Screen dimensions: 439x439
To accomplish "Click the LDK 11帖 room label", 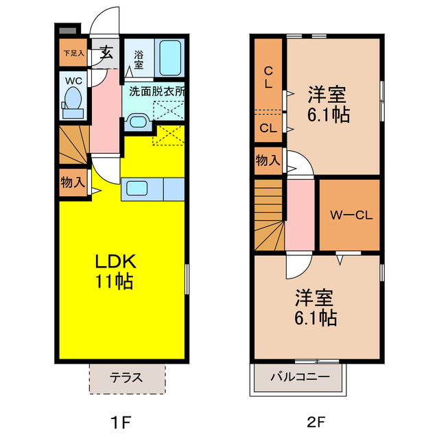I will click(x=114, y=270).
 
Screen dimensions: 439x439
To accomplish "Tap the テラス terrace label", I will click(x=126, y=377).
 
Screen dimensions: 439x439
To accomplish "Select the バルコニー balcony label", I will click(x=299, y=377).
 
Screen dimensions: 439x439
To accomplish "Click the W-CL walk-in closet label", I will click(x=351, y=215).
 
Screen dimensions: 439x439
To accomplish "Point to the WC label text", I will click(x=73, y=80).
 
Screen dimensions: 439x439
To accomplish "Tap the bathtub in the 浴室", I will click(x=169, y=58).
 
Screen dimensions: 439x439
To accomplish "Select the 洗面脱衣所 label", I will click(x=156, y=91).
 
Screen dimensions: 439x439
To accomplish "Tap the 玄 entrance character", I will click(x=107, y=53).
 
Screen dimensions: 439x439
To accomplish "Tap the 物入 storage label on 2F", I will click(x=268, y=161).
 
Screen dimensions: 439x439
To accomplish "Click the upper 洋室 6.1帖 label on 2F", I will click(x=329, y=103).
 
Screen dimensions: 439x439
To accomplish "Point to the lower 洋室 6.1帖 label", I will click(x=316, y=307).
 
